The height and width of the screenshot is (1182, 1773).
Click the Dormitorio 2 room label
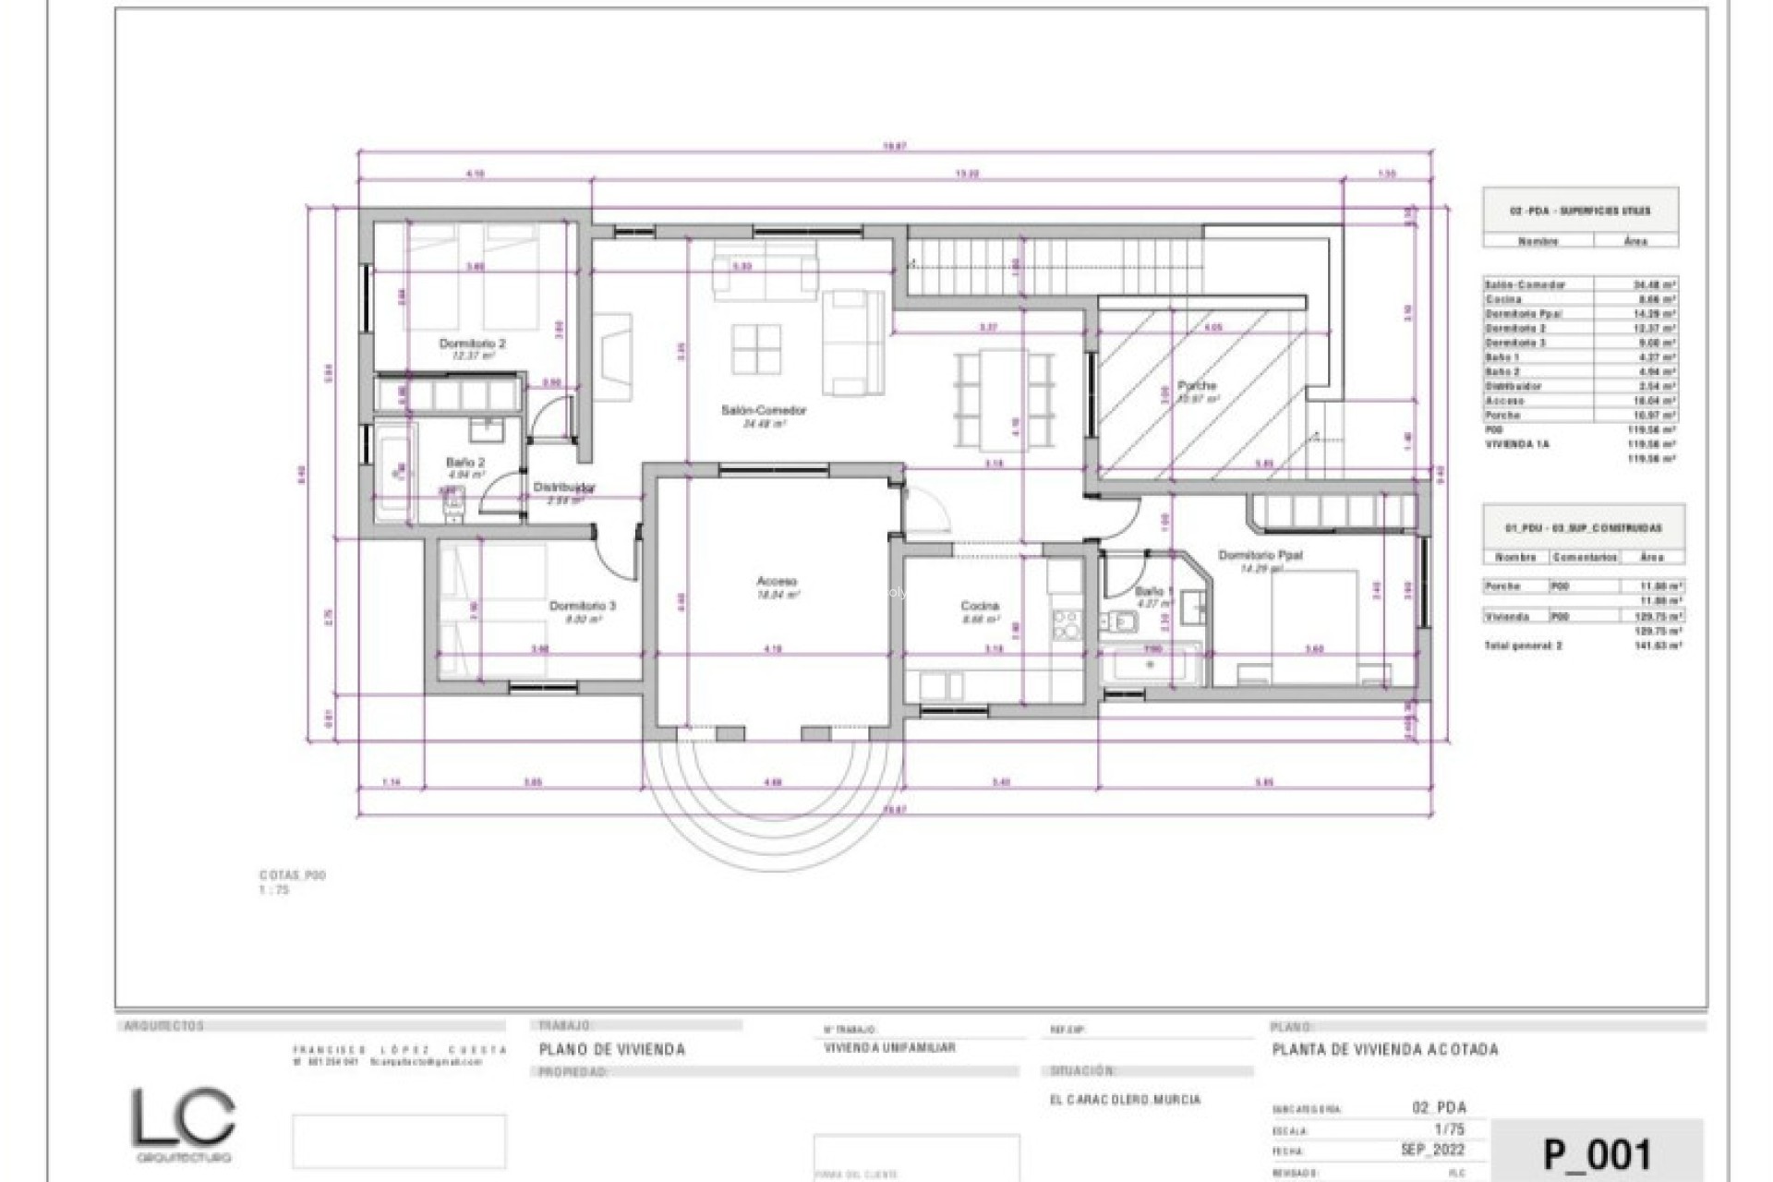(472, 344)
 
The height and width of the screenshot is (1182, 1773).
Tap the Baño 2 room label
(464, 463)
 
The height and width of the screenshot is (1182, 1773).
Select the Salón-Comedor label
(764, 410)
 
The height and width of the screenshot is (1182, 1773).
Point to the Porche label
(1197, 385)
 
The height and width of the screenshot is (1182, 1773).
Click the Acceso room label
(776, 582)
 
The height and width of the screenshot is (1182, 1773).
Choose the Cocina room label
(979, 607)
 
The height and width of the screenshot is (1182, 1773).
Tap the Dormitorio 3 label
(582, 607)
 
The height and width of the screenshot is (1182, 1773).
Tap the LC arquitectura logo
(182, 1124)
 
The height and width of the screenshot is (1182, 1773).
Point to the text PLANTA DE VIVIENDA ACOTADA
(1385, 1049)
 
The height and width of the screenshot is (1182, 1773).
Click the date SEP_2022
(1432, 1151)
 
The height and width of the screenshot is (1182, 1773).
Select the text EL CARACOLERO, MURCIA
(1125, 1100)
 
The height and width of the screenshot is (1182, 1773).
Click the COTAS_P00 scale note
(292, 875)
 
